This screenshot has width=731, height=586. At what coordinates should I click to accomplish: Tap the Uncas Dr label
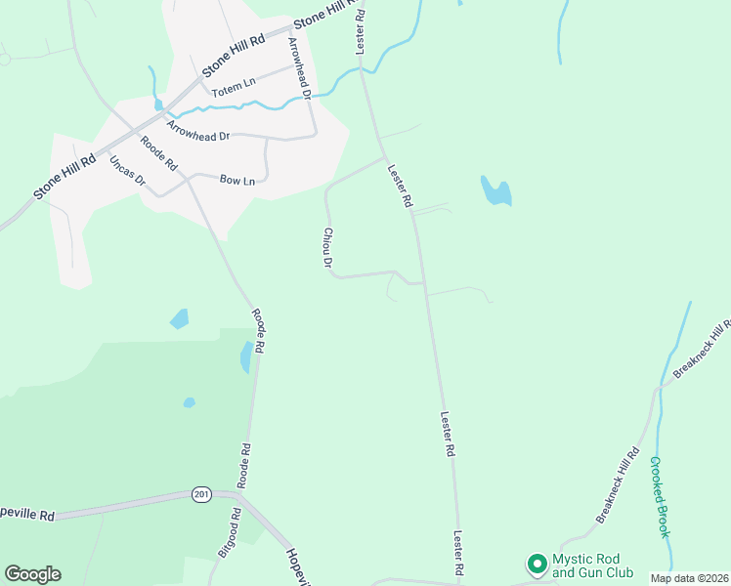coord(127,171)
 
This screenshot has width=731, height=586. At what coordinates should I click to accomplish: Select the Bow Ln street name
coord(237,181)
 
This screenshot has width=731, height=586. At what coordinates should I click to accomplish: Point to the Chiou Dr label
coord(328,248)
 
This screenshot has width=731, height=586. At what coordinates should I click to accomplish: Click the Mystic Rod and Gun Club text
coord(592,565)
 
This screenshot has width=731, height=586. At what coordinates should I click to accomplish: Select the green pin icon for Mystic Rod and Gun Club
coord(536,564)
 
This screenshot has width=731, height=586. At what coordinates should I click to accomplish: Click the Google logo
coord(32,574)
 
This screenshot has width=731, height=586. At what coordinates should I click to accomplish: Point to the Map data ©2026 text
coord(690,578)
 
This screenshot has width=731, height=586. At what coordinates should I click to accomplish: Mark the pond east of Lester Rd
coord(495,190)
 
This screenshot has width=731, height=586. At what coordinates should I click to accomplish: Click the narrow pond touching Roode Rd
coord(245,357)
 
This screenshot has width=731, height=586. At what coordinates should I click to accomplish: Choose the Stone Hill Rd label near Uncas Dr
coord(64,177)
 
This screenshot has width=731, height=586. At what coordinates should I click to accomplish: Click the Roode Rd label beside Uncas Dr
coord(157,152)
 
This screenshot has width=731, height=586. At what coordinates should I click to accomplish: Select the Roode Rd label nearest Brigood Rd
coord(245,466)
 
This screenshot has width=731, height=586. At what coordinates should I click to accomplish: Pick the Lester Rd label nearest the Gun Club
coord(457,553)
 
